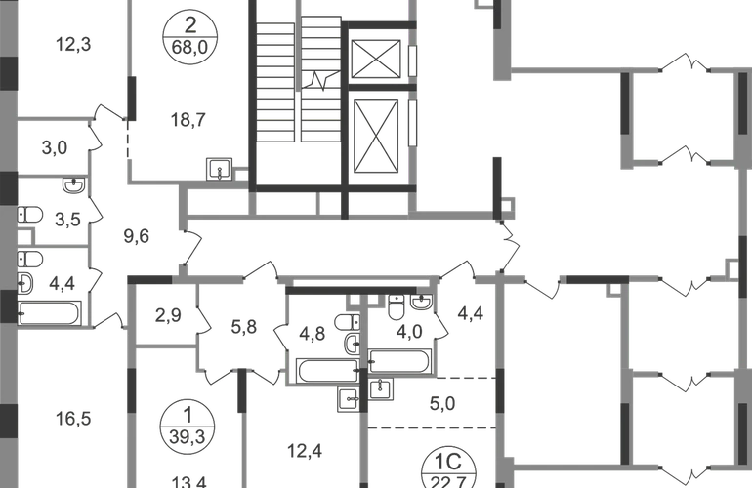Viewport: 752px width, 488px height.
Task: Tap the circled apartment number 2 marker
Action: click(189, 35)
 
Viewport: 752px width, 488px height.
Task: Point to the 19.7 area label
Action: click(188, 121)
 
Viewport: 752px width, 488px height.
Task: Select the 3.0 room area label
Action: click(56, 148)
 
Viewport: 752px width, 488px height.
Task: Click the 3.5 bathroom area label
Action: click(65, 285)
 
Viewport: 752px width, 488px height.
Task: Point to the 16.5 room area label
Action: click(74, 420)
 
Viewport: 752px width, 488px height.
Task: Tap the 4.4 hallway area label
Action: click(473, 313)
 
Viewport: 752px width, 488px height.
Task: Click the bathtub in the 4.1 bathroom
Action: click(322, 367)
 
